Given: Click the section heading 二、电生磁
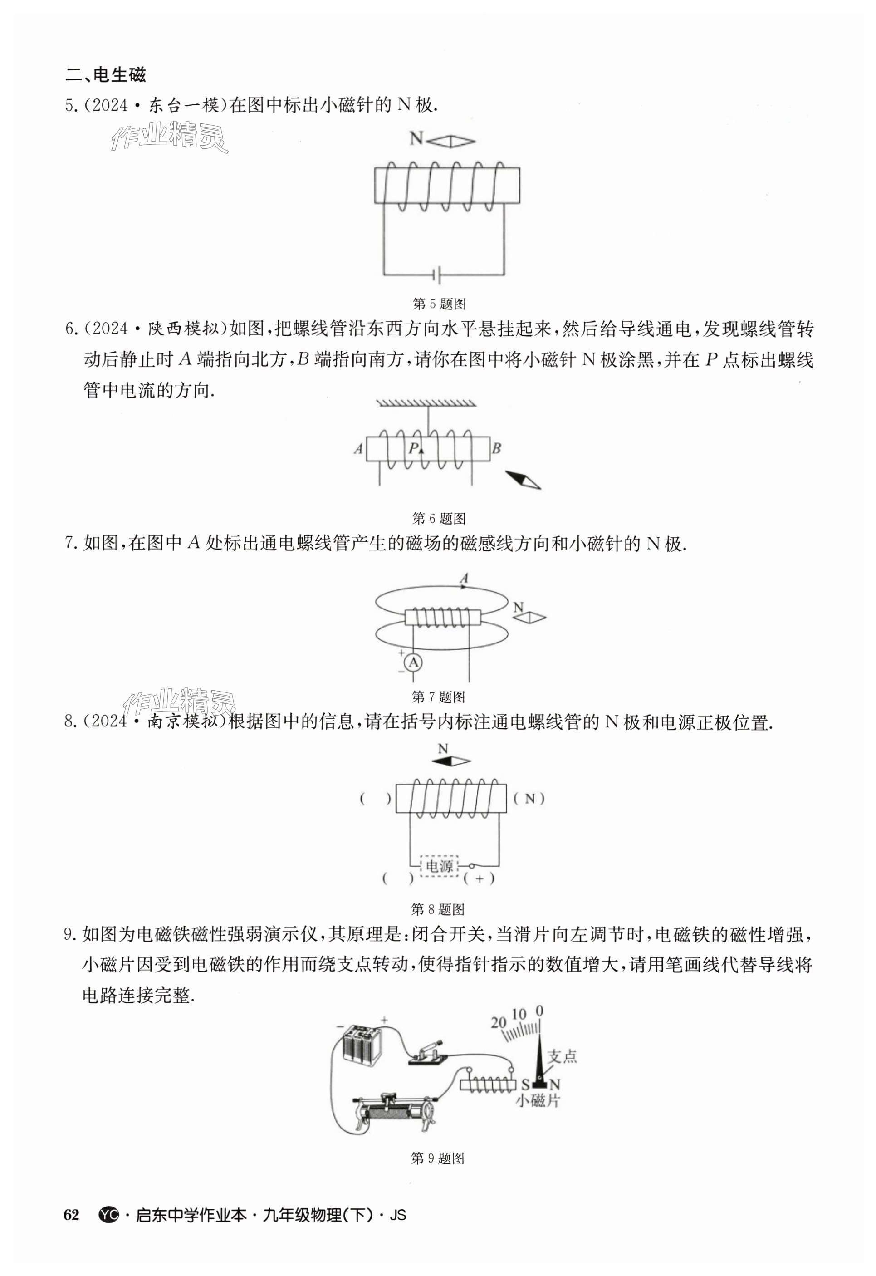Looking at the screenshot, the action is point(105,75).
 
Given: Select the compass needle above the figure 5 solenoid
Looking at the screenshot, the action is point(450,142).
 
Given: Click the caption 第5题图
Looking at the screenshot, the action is point(439,304).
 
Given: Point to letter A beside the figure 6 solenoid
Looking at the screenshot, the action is point(358,449).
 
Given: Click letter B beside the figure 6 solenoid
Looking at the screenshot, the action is point(496,449).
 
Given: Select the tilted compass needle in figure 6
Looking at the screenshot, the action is point(523,479).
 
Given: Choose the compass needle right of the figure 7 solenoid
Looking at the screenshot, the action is point(530,618).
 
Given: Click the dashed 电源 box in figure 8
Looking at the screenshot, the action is point(439,866).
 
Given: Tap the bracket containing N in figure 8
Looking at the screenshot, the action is point(529,799).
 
